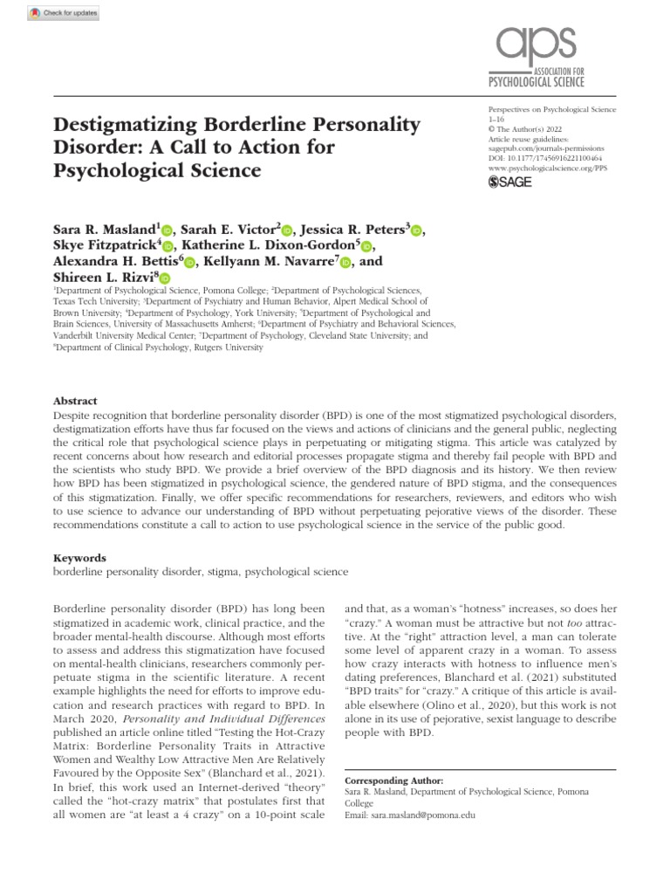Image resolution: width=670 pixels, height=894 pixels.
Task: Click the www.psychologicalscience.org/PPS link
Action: [544, 168]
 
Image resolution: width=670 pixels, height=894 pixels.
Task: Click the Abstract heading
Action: [75, 401]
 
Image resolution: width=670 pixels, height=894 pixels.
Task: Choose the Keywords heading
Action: [79, 557]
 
